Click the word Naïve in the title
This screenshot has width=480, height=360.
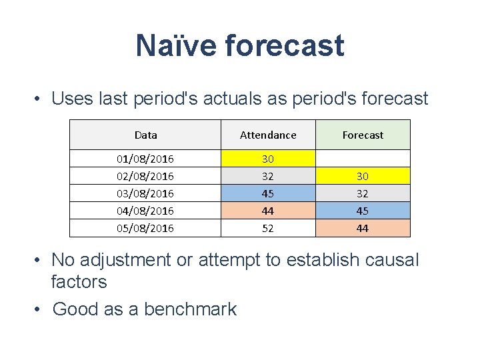[175, 45]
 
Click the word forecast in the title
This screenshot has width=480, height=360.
[285, 45]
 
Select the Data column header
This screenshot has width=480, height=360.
[145, 135]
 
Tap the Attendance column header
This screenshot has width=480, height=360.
[268, 135]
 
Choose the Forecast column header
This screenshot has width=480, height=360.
[363, 135]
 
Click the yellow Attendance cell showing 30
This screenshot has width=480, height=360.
[268, 159]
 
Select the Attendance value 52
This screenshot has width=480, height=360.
[268, 228]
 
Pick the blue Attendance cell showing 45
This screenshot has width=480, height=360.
[268, 193]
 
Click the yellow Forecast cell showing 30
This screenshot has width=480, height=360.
[363, 176]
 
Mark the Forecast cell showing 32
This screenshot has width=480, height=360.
[363, 193]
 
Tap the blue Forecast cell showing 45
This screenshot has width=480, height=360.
[363, 211]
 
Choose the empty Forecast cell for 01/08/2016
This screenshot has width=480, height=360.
[363, 159]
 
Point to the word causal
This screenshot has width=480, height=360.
[387, 259]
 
